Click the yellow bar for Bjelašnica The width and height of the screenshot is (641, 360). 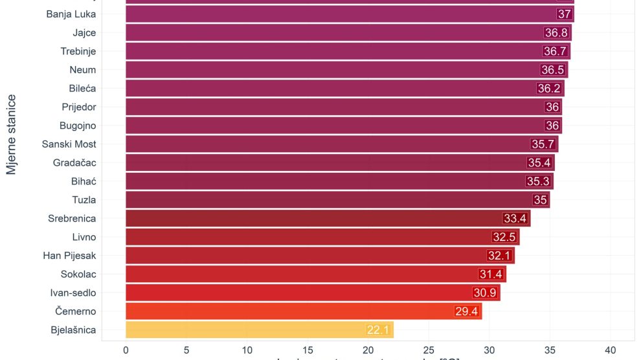(x=259, y=330)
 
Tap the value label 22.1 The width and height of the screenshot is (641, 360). (x=377, y=330)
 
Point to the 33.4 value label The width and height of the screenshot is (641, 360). (x=515, y=219)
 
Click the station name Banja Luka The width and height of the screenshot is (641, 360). (x=71, y=14)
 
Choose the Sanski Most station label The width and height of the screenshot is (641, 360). (x=69, y=144)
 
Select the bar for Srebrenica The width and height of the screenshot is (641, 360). (x=327, y=219)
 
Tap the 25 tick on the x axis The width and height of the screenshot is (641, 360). (x=429, y=350)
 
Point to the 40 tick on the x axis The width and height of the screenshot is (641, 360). (x=610, y=350)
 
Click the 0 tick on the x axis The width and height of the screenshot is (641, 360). (x=126, y=350)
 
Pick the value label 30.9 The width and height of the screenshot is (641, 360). (x=484, y=293)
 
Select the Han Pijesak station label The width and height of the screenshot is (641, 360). (x=69, y=256)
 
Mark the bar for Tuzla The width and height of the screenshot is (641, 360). (x=337, y=200)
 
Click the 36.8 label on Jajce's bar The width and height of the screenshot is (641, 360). (x=556, y=33)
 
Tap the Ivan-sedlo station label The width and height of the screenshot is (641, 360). (x=73, y=293)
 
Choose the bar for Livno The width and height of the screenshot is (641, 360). (x=322, y=237)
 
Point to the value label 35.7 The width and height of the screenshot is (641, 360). (x=543, y=144)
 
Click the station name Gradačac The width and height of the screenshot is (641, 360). (x=74, y=163)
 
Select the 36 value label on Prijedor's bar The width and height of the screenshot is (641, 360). (x=552, y=107)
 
